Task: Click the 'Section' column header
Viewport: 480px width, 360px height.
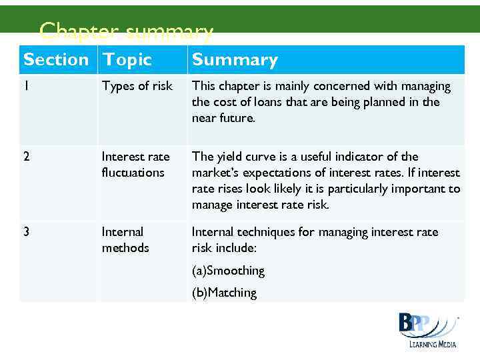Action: pos(56,60)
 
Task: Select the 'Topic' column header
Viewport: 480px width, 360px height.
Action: pos(127,60)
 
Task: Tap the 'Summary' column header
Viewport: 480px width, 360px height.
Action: pos(235,60)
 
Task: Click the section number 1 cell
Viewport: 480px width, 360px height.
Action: pos(27,86)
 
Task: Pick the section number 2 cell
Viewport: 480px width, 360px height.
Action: pos(27,157)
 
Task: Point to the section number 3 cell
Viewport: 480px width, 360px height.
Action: pos(27,232)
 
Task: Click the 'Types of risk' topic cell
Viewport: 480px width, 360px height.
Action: pos(137,86)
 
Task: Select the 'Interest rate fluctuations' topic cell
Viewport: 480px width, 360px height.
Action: pos(135,165)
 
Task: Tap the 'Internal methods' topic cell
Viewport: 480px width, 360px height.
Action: pos(125,240)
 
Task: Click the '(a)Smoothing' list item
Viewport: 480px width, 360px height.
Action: pos(228,271)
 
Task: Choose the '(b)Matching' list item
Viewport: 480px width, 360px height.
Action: pos(224,293)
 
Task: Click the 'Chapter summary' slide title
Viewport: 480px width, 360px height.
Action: pos(127,31)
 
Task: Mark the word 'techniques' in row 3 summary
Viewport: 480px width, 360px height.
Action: pos(263,232)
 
